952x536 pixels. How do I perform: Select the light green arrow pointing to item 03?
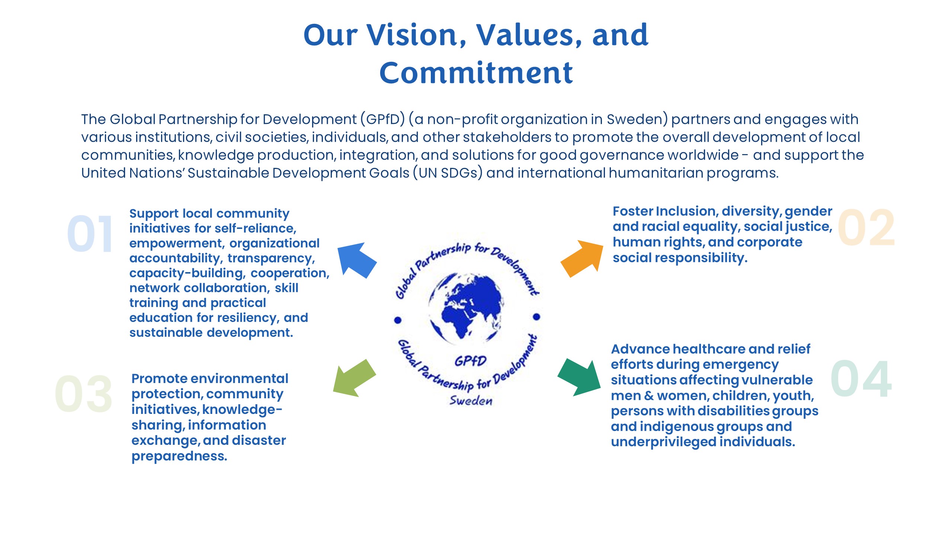coord(354,378)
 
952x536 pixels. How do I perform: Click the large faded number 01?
coord(90,234)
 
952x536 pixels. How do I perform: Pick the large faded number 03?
coord(83,394)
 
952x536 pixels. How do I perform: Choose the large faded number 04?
coord(861,379)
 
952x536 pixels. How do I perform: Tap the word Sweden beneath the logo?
coord(471,401)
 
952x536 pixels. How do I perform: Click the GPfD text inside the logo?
coord(470,361)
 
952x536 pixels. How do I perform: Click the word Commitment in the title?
coord(476,73)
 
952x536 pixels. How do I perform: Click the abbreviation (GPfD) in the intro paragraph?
coord(382,119)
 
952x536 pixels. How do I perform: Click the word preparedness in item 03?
coord(179,456)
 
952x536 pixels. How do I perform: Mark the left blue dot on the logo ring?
coord(398,320)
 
